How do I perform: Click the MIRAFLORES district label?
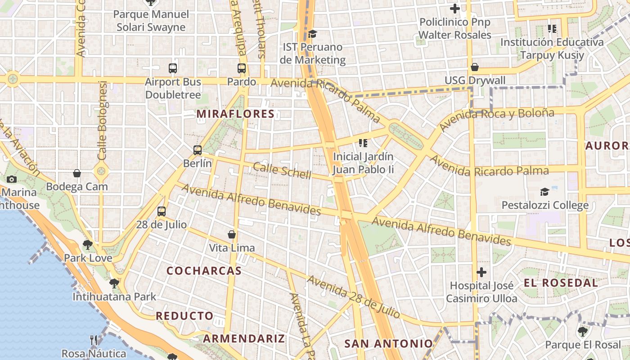pos(235,114)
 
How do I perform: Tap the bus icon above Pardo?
pos(242,68)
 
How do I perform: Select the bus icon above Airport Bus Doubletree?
pos(173,68)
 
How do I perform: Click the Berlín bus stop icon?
pos(198,150)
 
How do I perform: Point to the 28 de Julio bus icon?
pos(162,211)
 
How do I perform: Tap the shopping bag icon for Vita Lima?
pos(232,234)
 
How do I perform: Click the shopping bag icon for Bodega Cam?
pos(77,173)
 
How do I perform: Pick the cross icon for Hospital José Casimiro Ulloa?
pos(481,272)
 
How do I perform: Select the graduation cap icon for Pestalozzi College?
pos(545,192)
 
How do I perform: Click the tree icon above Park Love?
pos(88,245)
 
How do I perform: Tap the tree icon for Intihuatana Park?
pos(114,283)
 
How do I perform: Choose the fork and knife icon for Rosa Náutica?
pos(94,340)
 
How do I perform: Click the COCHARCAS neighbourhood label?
pos(204,271)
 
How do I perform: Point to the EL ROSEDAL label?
pos(561,283)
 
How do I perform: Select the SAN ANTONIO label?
pos(388,344)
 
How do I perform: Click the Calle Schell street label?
pos(282,171)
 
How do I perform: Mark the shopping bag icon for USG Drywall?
pos(475,67)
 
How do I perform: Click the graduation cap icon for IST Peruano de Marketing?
pos(312,34)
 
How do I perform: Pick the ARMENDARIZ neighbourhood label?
pos(244,338)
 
